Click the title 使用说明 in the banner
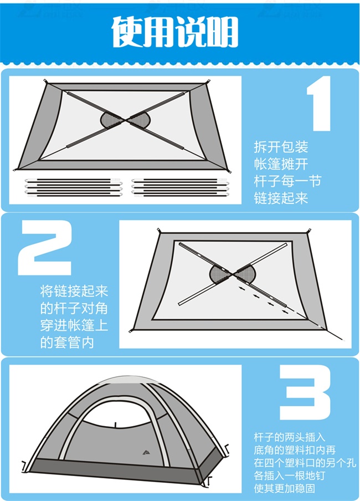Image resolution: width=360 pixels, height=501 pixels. point(174,32)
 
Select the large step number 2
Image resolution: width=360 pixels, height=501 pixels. point(45,248)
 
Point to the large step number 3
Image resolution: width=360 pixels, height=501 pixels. point(305,392)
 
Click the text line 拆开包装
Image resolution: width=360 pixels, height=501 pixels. point(281,147)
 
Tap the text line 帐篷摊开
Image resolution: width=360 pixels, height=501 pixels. point(281,164)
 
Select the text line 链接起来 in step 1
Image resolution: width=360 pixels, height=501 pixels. point(281,198)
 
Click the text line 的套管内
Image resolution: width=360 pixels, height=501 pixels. point(67,343)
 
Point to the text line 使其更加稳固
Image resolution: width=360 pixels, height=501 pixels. point(284,488)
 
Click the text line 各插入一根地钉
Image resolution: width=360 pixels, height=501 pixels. point(290,476)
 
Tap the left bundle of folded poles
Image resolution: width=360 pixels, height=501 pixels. point(74,187)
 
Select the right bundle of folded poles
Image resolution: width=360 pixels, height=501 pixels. point(180,187)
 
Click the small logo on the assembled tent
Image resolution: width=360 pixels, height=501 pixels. point(147,452)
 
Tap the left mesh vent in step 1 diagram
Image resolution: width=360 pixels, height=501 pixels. point(110,120)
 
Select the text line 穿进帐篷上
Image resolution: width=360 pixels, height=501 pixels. point(74,325)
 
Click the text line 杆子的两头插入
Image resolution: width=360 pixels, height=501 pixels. point(290,437)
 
